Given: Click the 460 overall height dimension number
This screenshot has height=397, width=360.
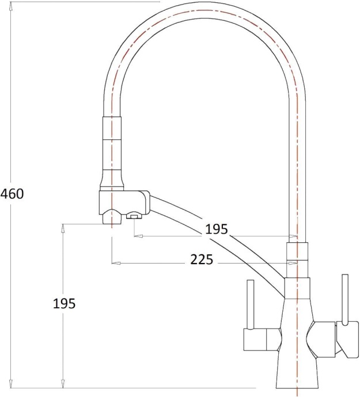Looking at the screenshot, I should pos(12,194).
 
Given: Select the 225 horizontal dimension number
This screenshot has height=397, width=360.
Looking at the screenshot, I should pos(202,259).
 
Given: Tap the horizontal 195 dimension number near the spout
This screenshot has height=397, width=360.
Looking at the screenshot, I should pos(217,229).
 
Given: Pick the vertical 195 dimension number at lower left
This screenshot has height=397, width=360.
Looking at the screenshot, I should pos(64,303).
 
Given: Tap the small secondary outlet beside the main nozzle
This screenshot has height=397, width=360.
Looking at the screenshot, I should pos(134,216).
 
